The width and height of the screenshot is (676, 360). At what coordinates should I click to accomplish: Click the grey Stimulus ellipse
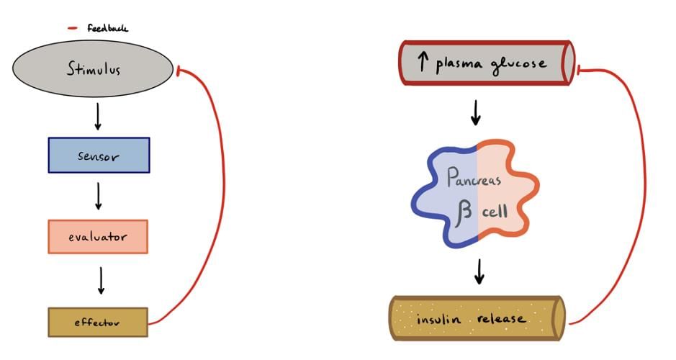(93, 70)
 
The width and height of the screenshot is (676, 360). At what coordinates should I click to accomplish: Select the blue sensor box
(99, 155)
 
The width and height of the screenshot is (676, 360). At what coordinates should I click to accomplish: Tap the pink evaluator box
(98, 237)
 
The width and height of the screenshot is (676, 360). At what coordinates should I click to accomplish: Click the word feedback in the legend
(107, 29)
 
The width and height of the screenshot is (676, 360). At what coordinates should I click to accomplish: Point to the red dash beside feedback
(72, 29)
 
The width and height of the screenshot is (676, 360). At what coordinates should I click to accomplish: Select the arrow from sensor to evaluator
(98, 196)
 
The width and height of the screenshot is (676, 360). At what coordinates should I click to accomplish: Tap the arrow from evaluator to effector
(101, 280)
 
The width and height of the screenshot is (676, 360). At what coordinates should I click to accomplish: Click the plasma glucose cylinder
(486, 63)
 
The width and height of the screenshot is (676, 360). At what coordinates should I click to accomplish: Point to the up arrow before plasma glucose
(422, 63)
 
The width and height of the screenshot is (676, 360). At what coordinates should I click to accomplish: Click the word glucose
(517, 64)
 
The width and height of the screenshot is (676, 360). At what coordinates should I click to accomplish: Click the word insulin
(441, 318)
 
